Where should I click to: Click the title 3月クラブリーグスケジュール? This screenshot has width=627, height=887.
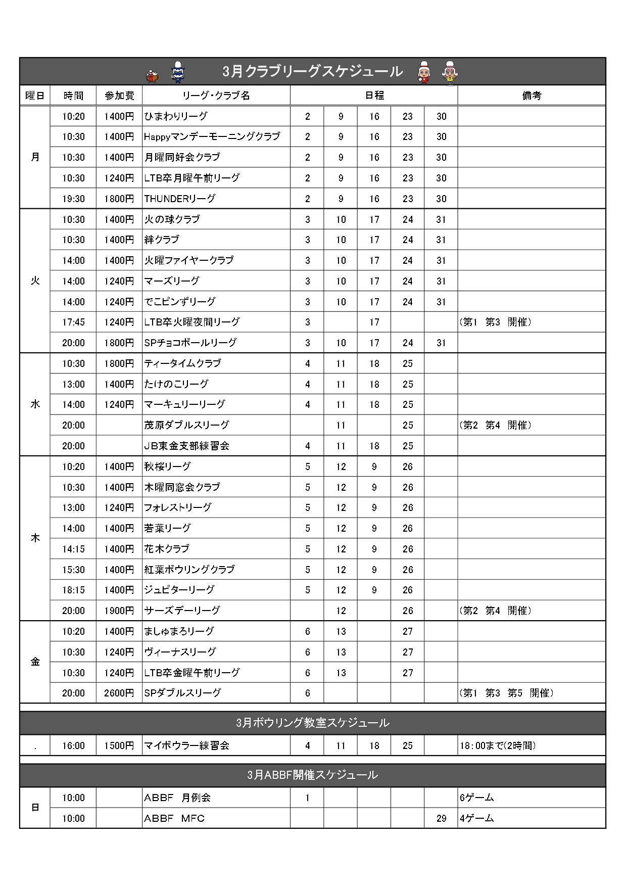[x=312, y=71]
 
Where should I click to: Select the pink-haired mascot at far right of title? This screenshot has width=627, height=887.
[x=448, y=73]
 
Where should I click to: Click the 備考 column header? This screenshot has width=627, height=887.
[x=532, y=96]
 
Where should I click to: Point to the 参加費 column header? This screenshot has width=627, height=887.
[x=119, y=96]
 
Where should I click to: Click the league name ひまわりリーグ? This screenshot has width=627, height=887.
[x=176, y=116]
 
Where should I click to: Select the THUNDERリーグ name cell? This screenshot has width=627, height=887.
[x=180, y=199]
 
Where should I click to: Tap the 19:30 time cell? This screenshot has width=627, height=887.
[x=73, y=199]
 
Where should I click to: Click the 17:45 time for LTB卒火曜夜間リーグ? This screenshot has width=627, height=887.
[x=73, y=322]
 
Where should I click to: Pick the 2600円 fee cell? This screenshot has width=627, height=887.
[x=119, y=693]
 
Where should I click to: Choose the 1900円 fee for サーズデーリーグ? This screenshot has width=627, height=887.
[x=119, y=611]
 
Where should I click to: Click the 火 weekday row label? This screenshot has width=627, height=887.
[x=35, y=281]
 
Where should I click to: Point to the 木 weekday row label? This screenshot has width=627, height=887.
[x=35, y=538]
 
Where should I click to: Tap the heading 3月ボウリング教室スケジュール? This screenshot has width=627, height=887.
[x=312, y=723]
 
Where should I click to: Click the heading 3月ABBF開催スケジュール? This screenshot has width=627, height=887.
[x=312, y=775]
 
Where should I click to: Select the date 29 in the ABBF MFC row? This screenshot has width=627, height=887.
[x=441, y=818]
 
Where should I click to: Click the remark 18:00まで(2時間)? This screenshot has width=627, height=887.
[x=497, y=745]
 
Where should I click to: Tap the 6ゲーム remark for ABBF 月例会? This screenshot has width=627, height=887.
[x=476, y=798]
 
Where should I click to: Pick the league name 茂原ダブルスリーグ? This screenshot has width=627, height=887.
[x=186, y=425]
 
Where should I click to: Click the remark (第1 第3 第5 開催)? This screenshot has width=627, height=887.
[x=506, y=693]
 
